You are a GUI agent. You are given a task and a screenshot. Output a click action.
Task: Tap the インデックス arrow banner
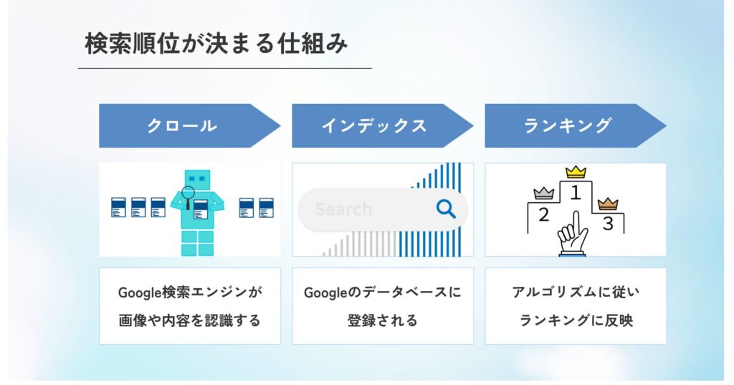[x=374, y=126]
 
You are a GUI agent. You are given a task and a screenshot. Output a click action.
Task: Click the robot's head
[x=197, y=179]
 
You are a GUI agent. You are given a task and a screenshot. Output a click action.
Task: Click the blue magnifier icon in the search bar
[x=446, y=209]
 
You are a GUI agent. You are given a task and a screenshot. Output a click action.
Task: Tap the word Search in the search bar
[x=343, y=209]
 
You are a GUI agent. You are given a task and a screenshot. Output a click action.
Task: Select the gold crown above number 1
[x=576, y=172]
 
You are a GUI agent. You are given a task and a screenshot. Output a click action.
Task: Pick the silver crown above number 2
[x=544, y=193]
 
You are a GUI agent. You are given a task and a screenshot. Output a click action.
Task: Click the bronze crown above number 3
[x=608, y=203]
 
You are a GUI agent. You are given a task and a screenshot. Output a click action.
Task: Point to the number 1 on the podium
[x=575, y=191]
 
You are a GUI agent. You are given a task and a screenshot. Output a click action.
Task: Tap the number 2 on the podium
[x=543, y=214]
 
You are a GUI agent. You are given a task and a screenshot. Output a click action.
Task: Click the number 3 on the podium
[x=608, y=224]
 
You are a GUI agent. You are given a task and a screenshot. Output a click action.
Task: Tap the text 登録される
[x=382, y=320]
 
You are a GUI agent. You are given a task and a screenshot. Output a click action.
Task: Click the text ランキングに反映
[x=576, y=320]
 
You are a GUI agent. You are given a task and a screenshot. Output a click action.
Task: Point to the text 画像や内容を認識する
[x=190, y=320]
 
